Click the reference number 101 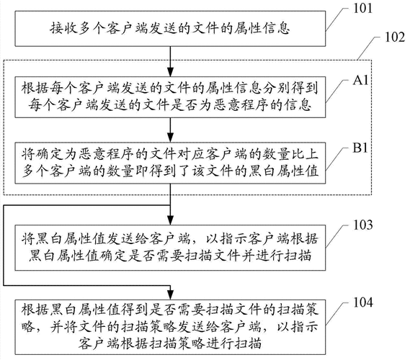[x=362, y=9]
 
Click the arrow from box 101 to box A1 [x=170, y=55]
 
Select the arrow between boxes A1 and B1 [x=170, y=130]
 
